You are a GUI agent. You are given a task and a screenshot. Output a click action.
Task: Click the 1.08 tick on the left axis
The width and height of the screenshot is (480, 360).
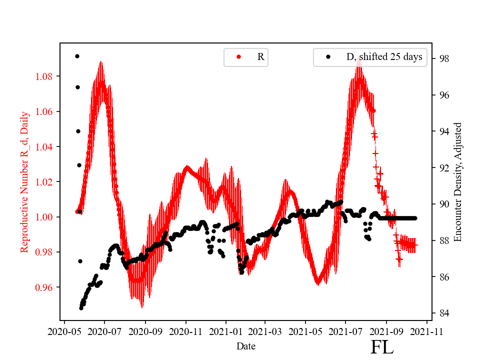[x=45, y=76]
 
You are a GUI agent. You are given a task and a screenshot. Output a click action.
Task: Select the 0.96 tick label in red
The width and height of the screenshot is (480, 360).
[x=45, y=287]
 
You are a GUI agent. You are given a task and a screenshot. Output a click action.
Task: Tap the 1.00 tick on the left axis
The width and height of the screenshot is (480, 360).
[x=45, y=217]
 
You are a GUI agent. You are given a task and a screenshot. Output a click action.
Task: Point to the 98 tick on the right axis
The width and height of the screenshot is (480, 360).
[x=444, y=58]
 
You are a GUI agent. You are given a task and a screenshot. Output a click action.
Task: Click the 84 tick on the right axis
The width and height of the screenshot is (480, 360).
[x=444, y=313]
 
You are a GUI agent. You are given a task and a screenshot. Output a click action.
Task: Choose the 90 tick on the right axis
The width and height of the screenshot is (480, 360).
[x=444, y=204]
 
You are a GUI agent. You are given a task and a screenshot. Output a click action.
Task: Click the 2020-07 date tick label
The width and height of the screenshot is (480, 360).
[x=104, y=331]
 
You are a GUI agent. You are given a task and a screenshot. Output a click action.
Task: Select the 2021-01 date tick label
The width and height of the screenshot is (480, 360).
[x=225, y=331]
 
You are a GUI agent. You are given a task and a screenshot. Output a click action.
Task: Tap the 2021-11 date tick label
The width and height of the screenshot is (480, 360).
[x=427, y=331]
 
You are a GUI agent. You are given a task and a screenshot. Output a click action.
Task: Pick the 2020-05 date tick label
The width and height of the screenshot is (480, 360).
[x=64, y=331]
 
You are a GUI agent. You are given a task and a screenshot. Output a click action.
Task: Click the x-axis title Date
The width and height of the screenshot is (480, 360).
[x=246, y=345]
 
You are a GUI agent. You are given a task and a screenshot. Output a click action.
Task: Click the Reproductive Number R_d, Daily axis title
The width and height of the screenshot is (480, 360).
[x=24, y=182]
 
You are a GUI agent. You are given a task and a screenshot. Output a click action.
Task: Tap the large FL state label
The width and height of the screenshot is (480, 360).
[x=382, y=347]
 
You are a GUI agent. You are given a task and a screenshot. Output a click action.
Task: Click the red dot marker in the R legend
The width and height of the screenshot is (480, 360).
[x=238, y=57]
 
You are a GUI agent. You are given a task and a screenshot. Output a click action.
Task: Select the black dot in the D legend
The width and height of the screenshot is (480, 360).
[x=328, y=57]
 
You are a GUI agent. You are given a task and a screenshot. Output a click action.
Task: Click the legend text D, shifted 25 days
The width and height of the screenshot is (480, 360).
[x=384, y=57]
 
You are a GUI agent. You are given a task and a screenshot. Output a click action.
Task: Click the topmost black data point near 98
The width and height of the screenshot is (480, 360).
[x=77, y=56]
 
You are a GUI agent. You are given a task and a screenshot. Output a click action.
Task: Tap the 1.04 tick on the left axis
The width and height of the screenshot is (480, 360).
[x=45, y=147]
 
